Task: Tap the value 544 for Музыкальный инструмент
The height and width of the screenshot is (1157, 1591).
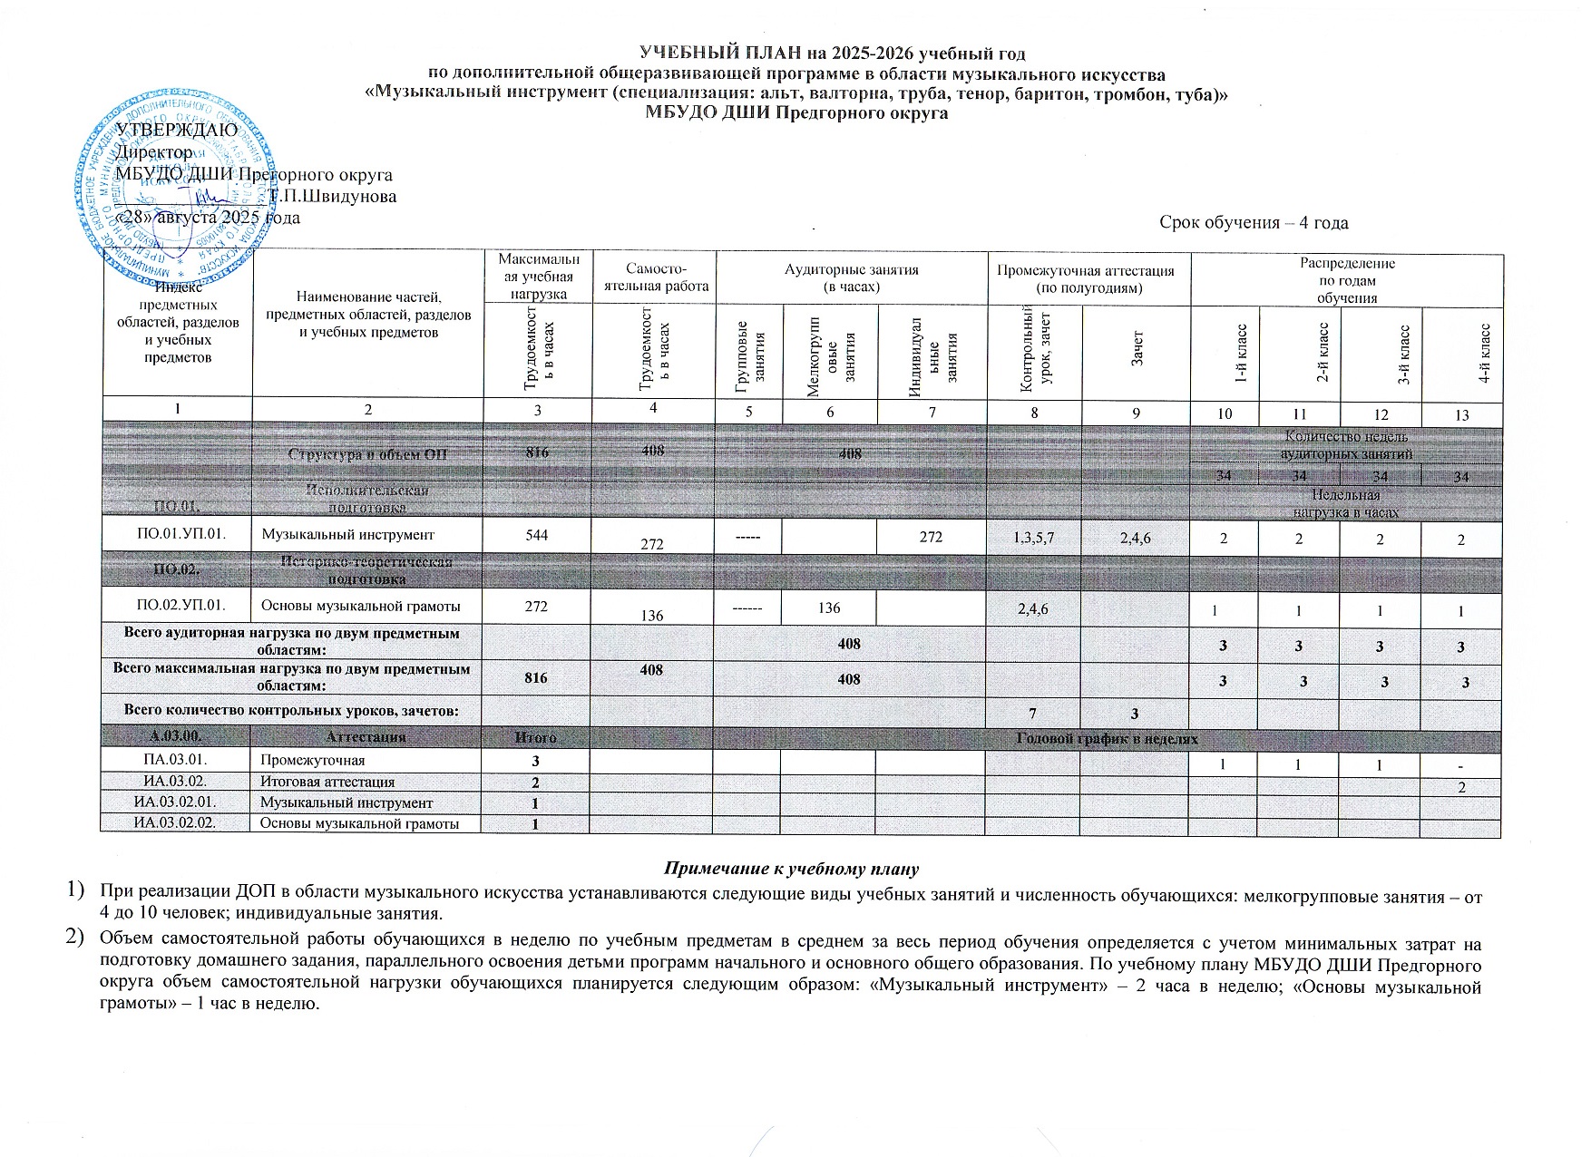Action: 536,535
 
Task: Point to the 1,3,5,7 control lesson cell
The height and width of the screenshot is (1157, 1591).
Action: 1033,538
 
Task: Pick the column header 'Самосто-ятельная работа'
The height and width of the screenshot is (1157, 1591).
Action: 652,277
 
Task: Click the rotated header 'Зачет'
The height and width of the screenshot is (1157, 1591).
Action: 1136,354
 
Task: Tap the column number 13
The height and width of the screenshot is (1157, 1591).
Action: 1460,414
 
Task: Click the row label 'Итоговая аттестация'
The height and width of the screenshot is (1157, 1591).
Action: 327,782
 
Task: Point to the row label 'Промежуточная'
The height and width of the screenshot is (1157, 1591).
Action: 313,761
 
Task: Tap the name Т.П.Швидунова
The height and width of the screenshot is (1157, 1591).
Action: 332,196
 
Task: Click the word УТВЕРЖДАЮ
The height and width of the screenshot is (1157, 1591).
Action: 178,130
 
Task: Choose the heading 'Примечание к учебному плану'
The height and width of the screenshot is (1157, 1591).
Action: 792,869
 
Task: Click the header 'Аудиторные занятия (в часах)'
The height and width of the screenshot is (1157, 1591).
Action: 851,277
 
